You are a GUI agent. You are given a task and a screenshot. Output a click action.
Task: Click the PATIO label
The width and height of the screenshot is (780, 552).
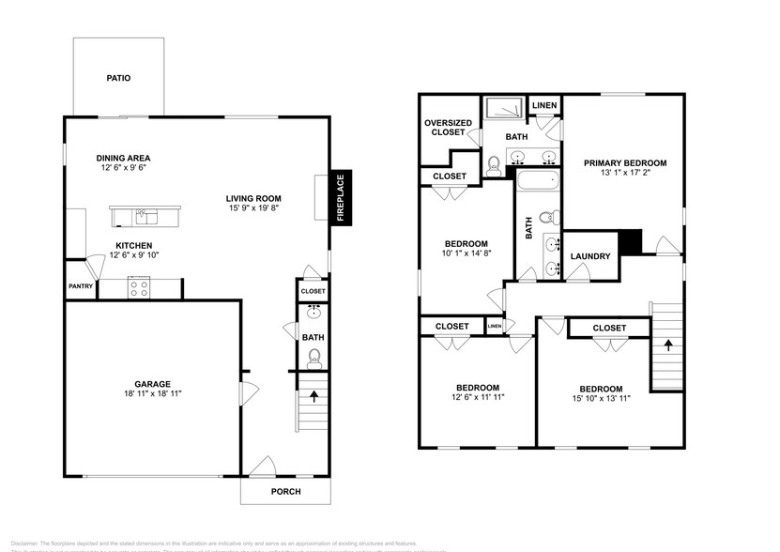pyautogui.click(x=117, y=78)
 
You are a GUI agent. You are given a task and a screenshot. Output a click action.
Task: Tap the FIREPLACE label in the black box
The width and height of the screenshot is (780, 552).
pyautogui.click(x=341, y=197)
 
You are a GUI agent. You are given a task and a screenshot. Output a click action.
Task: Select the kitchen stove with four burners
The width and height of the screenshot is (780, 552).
pyautogui.click(x=139, y=288)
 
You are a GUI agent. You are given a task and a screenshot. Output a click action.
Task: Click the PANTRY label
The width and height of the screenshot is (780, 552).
pyautogui.click(x=80, y=287)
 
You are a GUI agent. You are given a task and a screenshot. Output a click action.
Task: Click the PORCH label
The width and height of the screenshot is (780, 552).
pyautogui.click(x=286, y=491)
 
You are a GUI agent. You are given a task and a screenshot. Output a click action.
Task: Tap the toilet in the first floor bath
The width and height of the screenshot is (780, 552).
pyautogui.click(x=314, y=357)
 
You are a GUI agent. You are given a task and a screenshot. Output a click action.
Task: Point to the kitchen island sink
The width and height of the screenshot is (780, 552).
pyautogui.click(x=143, y=217)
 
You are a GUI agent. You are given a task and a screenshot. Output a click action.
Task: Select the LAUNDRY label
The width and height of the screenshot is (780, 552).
pyautogui.click(x=590, y=256)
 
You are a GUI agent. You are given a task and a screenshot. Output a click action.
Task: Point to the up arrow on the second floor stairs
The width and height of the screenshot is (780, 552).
pyautogui.click(x=667, y=345)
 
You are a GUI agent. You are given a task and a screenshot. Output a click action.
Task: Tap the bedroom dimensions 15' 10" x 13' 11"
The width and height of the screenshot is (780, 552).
pyautogui.click(x=600, y=399)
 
